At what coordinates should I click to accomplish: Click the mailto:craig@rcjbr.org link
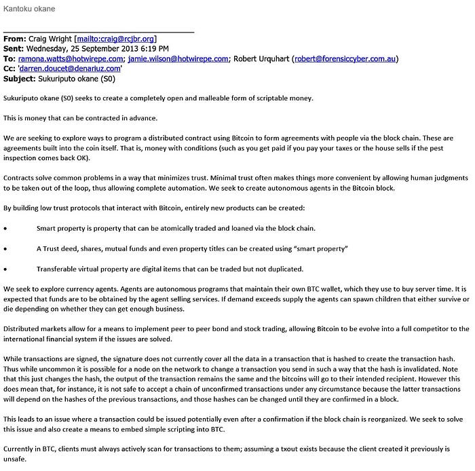[x=117, y=39]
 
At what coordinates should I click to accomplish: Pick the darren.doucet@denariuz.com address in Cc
[x=71, y=69]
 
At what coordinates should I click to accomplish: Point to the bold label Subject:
[x=20, y=78]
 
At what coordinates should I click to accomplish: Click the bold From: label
[x=15, y=39]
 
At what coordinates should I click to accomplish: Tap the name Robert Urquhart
[x=263, y=58]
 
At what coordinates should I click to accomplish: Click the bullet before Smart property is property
[x=6, y=228]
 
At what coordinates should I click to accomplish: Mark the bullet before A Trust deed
[x=6, y=248]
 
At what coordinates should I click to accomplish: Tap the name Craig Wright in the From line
[x=52, y=39]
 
